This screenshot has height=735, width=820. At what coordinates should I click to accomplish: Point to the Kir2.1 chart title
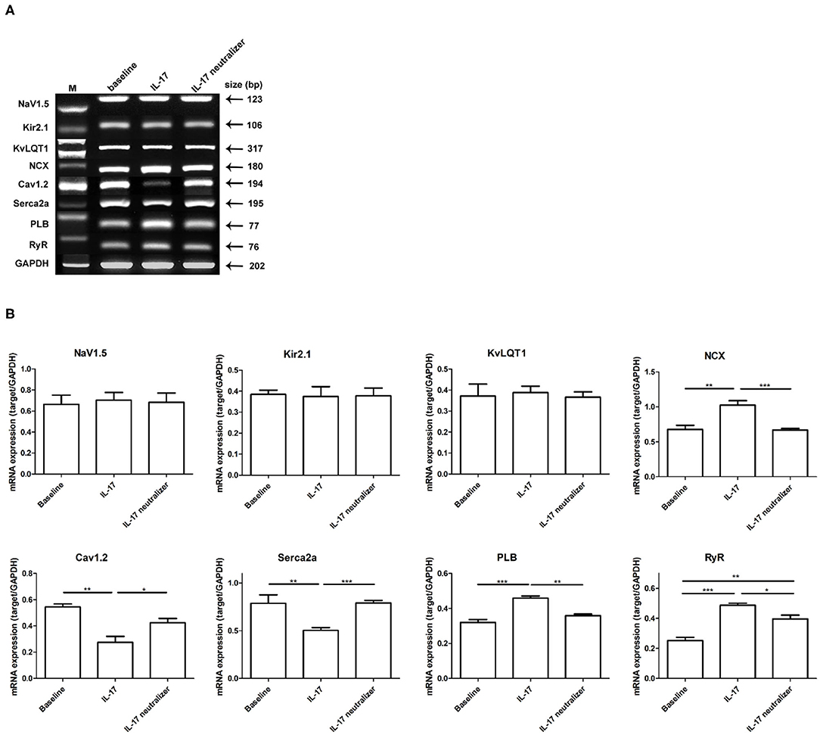pos(300,353)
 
